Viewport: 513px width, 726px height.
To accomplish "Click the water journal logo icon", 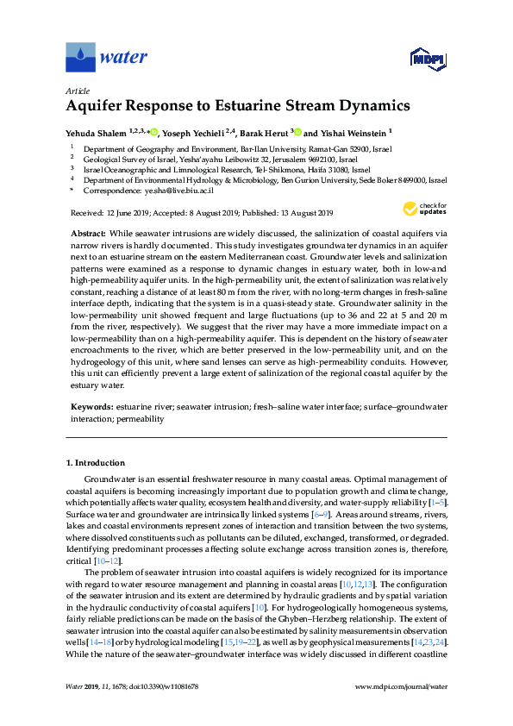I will tap(80, 58).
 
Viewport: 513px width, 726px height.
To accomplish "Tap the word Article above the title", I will tap(78, 91).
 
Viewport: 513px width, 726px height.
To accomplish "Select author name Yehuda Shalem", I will tap(97, 133).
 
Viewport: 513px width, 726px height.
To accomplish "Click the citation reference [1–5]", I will tap(436, 502).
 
